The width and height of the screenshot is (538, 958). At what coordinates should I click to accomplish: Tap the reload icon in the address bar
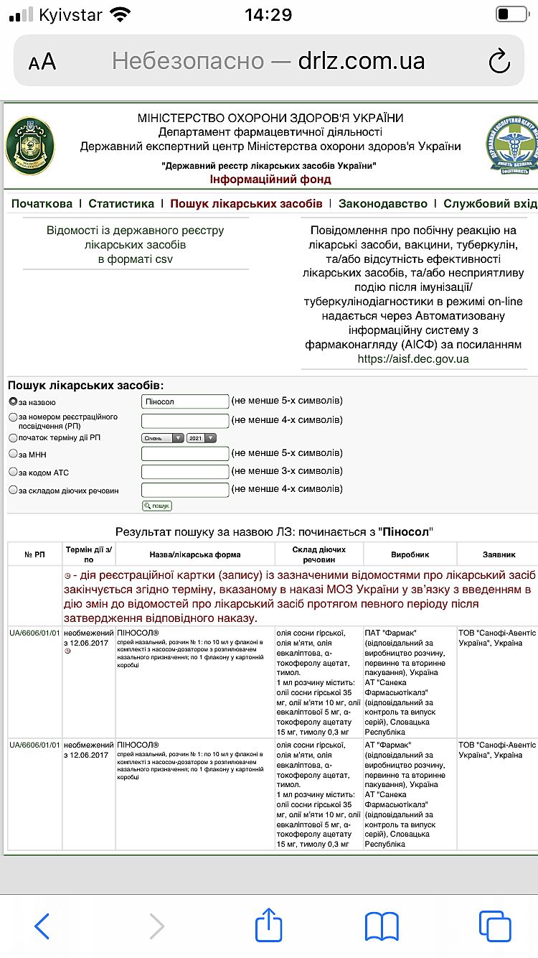[x=499, y=62]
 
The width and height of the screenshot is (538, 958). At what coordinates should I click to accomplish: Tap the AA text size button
[x=42, y=62]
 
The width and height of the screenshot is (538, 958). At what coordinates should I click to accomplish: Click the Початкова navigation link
[x=42, y=204]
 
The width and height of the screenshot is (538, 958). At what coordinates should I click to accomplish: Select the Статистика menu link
[x=121, y=204]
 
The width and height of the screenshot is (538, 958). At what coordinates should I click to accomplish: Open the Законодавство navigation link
[x=383, y=204]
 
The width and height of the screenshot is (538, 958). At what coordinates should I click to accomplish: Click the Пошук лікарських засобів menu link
[x=246, y=204]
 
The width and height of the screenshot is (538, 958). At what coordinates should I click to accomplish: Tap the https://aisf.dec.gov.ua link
[x=412, y=358]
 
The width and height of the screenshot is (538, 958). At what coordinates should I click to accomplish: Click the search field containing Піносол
[x=185, y=401]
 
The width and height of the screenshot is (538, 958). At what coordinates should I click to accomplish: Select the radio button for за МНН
[x=13, y=453]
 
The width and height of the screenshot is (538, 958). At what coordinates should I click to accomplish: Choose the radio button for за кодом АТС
[x=13, y=472]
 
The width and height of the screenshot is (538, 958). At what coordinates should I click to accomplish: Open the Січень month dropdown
[x=163, y=438]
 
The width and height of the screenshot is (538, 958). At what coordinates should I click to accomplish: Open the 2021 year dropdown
[x=201, y=438]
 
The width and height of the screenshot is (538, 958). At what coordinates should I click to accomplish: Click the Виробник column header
[x=410, y=554]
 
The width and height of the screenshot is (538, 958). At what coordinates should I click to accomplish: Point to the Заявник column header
[x=498, y=554]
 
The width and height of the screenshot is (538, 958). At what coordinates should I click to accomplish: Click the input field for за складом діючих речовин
[x=185, y=490]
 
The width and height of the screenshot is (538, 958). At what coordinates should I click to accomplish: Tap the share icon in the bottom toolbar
[x=269, y=926]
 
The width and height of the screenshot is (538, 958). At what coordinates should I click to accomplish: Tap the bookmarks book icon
[x=382, y=926]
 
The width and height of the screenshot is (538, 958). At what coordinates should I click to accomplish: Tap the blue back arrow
[x=42, y=926]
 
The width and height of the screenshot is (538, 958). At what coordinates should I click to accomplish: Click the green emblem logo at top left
[x=29, y=146]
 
